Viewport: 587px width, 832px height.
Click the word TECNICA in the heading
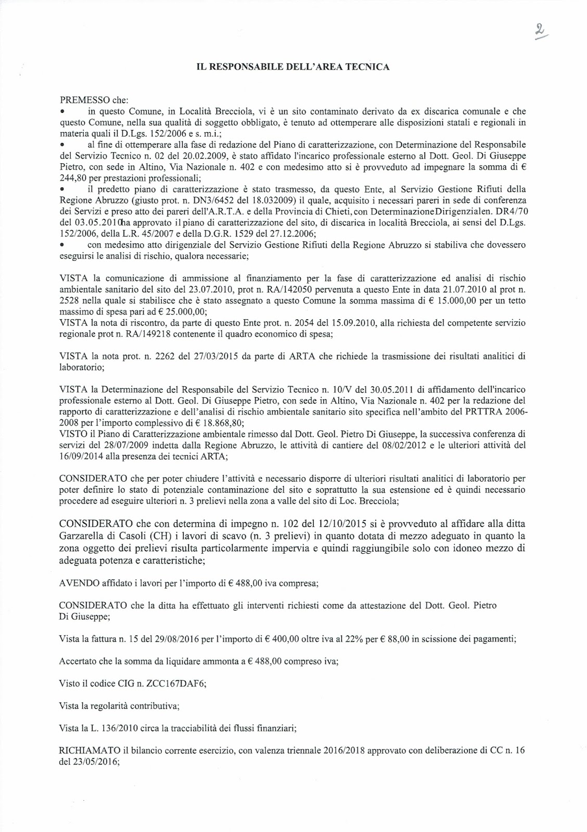(368, 67)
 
